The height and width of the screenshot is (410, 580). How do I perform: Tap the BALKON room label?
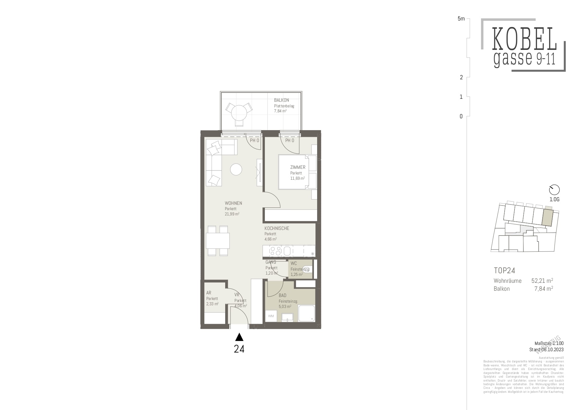(x=281, y=100)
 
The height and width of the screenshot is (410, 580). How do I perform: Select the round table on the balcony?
(x=239, y=112)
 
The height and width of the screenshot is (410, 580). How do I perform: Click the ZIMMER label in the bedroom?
(x=298, y=167)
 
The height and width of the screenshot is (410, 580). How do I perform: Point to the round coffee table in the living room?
(x=236, y=169)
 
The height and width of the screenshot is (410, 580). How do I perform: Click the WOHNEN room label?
(x=233, y=203)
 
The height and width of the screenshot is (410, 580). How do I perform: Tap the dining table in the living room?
(x=218, y=241)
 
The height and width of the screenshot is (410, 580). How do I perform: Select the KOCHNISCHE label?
(x=277, y=228)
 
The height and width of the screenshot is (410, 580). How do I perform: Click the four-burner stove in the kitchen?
(x=275, y=251)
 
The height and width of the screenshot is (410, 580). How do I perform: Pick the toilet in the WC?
(x=307, y=270)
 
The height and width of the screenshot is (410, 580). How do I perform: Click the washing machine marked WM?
(x=271, y=316)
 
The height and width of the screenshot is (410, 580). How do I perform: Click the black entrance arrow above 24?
(x=239, y=337)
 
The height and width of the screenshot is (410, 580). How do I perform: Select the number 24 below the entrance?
(x=239, y=349)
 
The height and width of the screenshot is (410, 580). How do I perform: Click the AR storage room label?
(x=209, y=293)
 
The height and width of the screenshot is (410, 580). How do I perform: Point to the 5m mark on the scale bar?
(x=461, y=19)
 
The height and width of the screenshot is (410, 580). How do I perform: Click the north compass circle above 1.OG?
(x=554, y=190)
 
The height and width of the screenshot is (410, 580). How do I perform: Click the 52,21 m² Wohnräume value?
(x=542, y=280)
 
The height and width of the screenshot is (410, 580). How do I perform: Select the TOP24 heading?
(x=504, y=271)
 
